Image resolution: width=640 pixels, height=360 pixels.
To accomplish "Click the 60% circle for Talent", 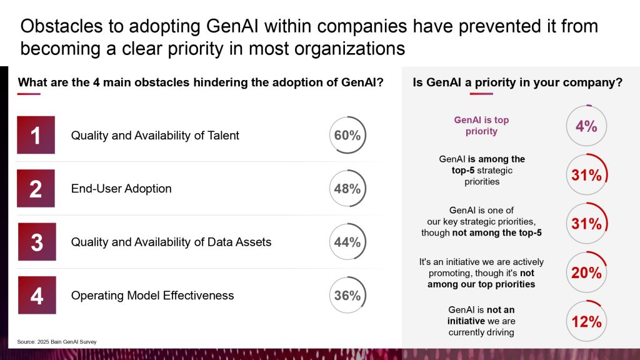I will [347, 135].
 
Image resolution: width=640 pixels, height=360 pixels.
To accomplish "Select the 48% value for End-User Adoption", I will [347, 188].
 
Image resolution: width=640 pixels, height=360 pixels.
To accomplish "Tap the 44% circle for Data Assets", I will [347, 242].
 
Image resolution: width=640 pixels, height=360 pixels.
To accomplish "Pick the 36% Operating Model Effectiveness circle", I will [347, 295].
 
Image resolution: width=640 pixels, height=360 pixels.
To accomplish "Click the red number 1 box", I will [36, 135].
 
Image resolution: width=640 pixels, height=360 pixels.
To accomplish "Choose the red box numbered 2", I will [36, 188].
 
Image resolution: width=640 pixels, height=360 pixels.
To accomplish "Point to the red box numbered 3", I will [36, 242].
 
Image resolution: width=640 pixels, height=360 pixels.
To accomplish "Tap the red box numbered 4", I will [36, 295].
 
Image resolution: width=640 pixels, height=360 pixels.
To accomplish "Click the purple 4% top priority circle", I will [586, 126].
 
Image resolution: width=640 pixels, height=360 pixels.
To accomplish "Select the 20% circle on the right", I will [586, 272].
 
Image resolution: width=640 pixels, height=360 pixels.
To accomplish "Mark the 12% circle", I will [586, 321].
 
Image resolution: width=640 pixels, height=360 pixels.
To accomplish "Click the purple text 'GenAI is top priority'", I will [481, 126].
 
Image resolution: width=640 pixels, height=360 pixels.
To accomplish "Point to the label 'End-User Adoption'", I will [121, 189].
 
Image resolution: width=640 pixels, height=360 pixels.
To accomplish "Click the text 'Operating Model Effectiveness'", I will [152, 295].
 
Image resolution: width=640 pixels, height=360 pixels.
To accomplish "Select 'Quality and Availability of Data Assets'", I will [171, 242].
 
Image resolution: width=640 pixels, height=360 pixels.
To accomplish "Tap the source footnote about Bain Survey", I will [57, 341].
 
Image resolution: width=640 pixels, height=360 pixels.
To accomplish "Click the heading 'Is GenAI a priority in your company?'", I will [517, 82].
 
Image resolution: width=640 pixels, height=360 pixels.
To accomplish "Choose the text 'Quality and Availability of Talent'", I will [155, 135].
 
